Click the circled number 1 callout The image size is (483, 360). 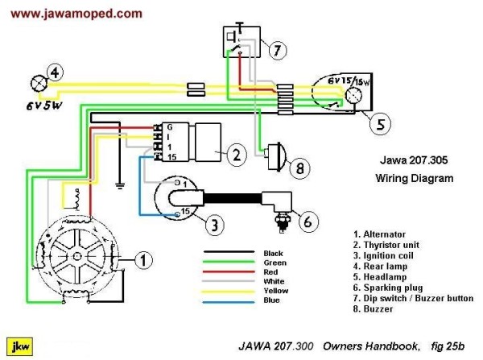pos(142,259)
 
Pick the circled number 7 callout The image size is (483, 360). pos(278,50)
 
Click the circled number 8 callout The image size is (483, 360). pos(298,168)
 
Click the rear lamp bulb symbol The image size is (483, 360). pos(35,83)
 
